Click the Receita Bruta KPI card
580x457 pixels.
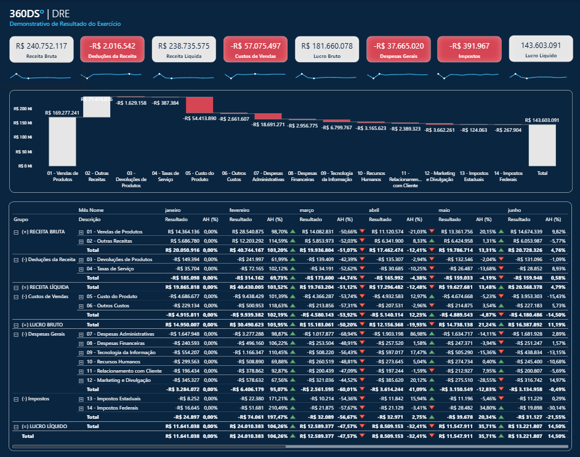[42, 49]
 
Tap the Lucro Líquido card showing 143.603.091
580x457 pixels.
[540, 49]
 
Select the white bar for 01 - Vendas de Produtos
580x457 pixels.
[62, 141]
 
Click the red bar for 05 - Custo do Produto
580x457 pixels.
[199, 105]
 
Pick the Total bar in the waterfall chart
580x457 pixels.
[542, 145]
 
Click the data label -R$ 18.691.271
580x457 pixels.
[268, 124]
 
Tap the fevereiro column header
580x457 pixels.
[240, 209]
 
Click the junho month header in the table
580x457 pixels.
[516, 209]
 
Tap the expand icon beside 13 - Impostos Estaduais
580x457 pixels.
[81, 398]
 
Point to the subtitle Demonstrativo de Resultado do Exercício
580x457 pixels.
[65, 23]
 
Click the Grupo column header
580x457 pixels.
[22, 219]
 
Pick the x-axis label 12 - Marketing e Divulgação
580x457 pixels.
[439, 176]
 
